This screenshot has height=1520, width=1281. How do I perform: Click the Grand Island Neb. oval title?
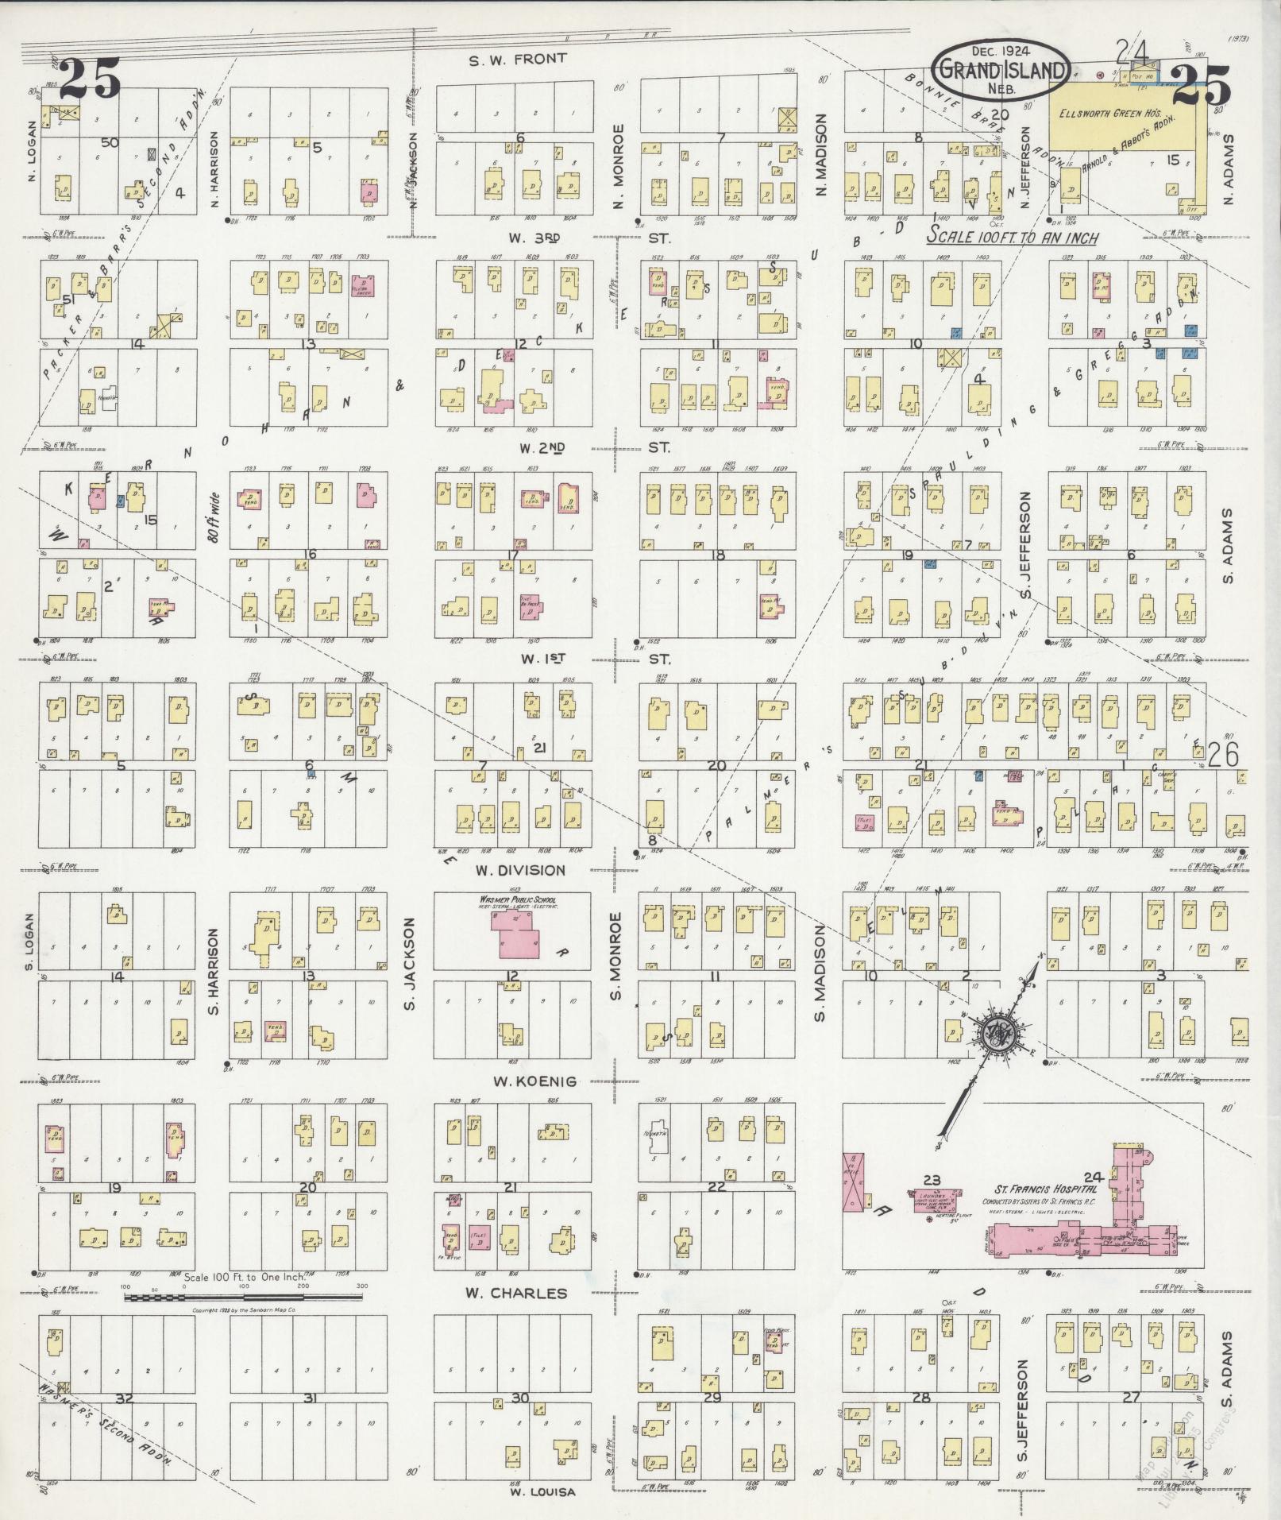(1001, 70)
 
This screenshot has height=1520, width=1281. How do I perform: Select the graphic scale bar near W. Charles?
(244, 1298)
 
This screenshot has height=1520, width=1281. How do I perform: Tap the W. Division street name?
(520, 870)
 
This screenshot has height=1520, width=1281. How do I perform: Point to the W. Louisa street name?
(542, 1491)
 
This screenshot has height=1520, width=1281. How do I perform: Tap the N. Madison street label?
(821, 155)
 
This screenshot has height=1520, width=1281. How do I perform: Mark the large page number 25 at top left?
(90, 79)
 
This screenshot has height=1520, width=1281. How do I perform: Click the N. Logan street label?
(32, 151)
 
